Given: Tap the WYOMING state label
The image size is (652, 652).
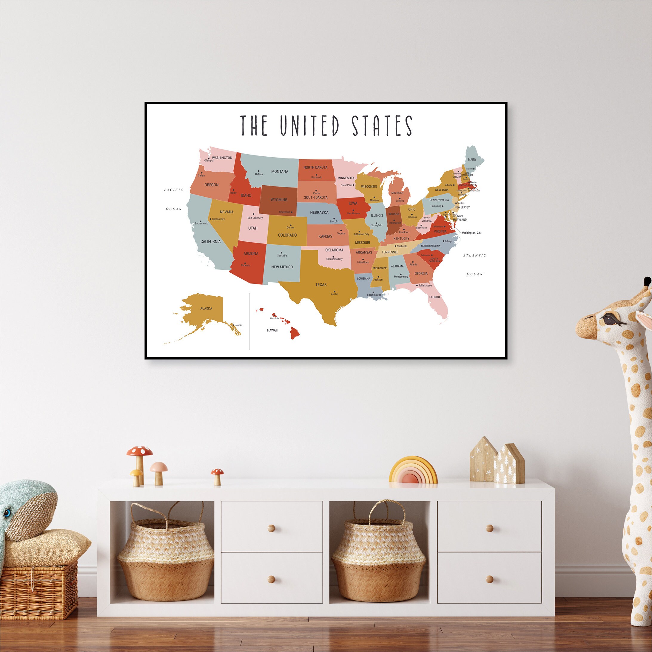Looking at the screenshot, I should [x=279, y=199].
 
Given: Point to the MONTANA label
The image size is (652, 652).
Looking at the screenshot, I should [x=280, y=172].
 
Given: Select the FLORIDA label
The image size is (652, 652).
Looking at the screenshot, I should [x=435, y=297].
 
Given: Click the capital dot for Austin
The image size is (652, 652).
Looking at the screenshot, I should [x=335, y=292].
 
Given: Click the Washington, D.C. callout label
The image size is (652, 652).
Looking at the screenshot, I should [x=471, y=233].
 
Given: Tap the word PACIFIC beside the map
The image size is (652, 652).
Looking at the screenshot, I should [x=174, y=190].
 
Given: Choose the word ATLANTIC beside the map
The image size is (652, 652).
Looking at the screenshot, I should [x=474, y=255].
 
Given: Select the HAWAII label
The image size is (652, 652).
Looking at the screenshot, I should [x=272, y=330].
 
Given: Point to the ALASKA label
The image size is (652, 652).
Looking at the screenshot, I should [x=206, y=309].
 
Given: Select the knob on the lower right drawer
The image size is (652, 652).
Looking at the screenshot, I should [x=490, y=579].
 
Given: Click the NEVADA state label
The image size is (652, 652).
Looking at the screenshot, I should [x=226, y=212].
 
